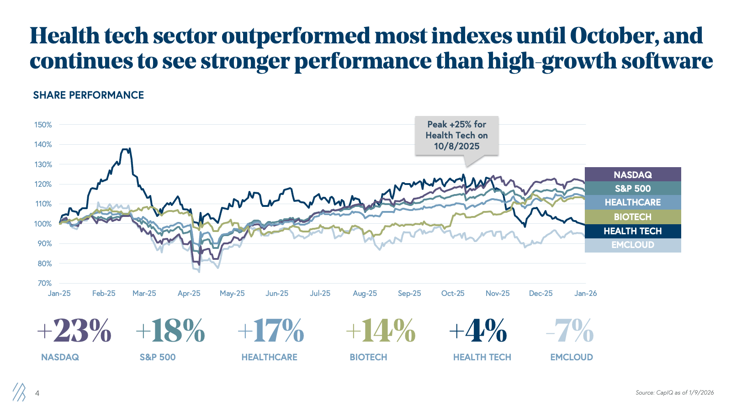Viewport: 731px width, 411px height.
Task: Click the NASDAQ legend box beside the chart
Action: pyautogui.click(x=633, y=174)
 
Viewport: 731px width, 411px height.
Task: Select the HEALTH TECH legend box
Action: pyautogui.click(x=633, y=231)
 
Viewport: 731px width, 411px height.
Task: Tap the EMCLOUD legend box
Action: pyautogui.click(x=633, y=245)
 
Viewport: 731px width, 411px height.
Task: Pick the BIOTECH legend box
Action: pyautogui.click(x=633, y=217)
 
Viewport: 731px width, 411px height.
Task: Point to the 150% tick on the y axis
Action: pyautogui.click(x=43, y=125)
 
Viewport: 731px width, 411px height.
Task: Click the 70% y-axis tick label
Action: pyautogui.click(x=44, y=283)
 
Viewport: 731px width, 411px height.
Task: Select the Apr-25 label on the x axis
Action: pyautogui.click(x=189, y=293)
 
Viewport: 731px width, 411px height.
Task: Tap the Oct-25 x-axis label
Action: pyautogui.click(x=453, y=293)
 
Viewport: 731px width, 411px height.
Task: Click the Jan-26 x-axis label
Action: pyautogui.click(x=585, y=293)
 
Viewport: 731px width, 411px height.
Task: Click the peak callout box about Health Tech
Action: pyautogui.click(x=456, y=135)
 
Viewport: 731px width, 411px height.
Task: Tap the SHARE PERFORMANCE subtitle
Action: pyautogui.click(x=89, y=95)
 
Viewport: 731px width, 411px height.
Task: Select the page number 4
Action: pyautogui.click(x=37, y=393)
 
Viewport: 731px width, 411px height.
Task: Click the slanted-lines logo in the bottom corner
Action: pyautogui.click(x=19, y=392)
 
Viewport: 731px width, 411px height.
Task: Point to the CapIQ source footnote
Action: pyautogui.click(x=674, y=393)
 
